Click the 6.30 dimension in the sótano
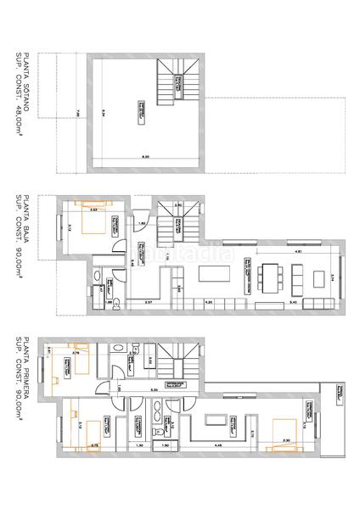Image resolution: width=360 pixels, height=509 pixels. coord(145,157)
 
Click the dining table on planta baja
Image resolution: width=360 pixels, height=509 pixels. coord(272,276)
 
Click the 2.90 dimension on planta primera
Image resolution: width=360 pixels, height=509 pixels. coord(287,439)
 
